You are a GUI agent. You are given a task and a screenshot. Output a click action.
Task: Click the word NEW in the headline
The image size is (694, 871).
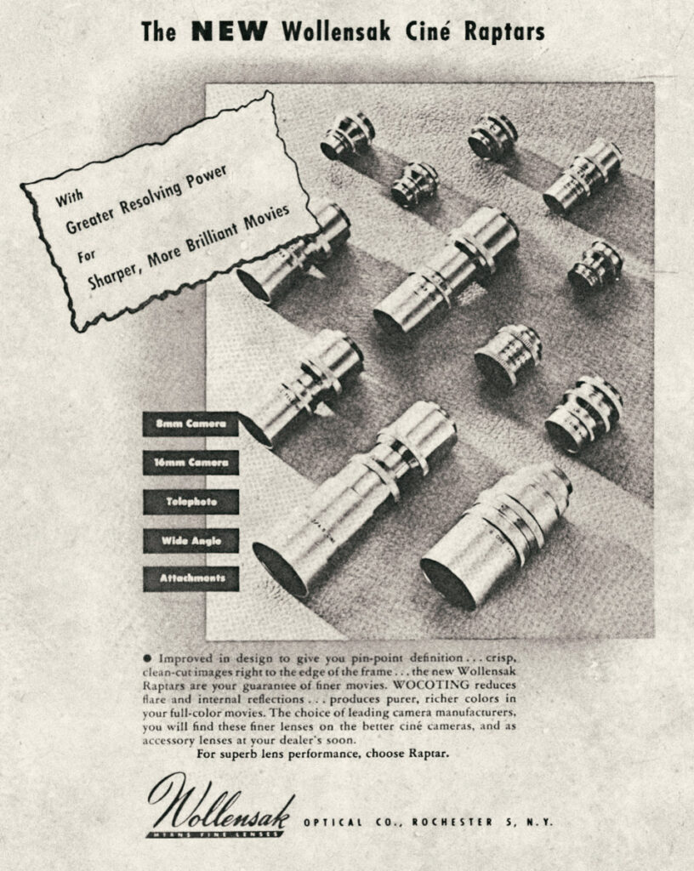click(x=229, y=31)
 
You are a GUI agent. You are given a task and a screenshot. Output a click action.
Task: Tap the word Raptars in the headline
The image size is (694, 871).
click(x=504, y=32)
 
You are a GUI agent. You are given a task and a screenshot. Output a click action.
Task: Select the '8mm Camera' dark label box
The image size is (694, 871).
click(x=191, y=424)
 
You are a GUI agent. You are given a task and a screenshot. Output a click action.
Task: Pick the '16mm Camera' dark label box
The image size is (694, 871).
click(x=191, y=463)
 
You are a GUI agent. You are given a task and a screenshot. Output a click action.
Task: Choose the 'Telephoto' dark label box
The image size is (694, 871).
click(x=191, y=502)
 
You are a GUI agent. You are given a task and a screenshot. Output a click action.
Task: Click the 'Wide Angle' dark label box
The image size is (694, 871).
click(x=191, y=540)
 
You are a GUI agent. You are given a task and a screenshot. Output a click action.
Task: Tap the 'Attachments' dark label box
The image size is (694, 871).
click(x=191, y=578)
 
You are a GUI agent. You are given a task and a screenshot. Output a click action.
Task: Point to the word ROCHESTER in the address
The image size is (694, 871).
click(x=452, y=823)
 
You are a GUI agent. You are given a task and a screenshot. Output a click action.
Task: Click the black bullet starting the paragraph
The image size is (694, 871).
click(x=147, y=658)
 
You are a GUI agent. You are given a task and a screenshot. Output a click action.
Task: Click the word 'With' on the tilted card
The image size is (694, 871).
click(x=70, y=197)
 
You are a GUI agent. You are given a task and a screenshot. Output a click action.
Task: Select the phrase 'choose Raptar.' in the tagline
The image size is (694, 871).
click(x=407, y=754)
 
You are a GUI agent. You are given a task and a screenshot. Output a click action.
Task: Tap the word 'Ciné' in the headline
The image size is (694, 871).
click(x=428, y=31)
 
